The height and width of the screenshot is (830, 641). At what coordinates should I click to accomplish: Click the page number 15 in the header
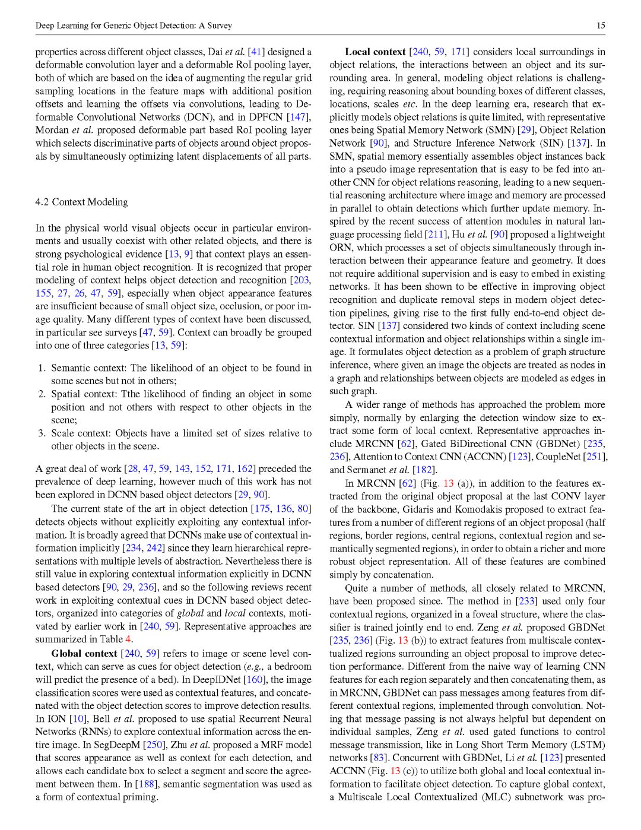[x=601, y=26]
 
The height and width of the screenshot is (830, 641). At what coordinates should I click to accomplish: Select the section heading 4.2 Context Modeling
[x=81, y=202]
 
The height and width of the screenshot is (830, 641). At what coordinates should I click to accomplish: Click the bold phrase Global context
[x=84, y=654]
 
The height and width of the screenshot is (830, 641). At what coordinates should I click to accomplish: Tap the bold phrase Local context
[x=375, y=52]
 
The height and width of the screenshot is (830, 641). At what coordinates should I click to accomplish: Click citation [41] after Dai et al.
[x=256, y=52]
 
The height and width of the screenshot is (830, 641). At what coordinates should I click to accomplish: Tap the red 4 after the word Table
[x=128, y=639]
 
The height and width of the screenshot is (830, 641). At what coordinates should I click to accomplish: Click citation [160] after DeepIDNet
[x=255, y=680]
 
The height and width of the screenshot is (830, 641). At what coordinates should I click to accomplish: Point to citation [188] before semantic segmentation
[x=146, y=784]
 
